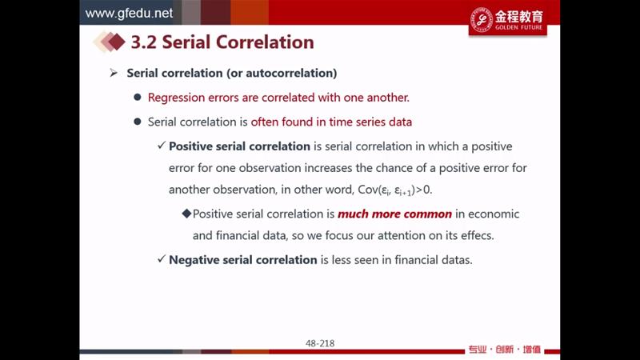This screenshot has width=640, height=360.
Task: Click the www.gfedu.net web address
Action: (129, 13)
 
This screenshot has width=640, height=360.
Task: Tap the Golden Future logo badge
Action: (507, 21)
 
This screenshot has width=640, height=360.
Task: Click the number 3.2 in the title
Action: (143, 42)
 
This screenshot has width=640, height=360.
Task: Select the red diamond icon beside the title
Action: (116, 42)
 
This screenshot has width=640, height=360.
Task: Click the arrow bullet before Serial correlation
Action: (114, 73)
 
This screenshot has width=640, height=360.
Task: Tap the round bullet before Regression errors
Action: (138, 97)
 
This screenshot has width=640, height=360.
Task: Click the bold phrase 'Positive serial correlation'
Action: (239, 146)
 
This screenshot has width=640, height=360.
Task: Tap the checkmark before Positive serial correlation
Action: (162, 146)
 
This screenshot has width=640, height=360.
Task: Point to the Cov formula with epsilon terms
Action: (394, 190)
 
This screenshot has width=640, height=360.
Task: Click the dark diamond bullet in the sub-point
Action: (187, 214)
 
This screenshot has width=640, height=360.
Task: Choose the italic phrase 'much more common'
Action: (394, 214)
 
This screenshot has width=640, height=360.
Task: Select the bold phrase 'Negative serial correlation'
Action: (243, 259)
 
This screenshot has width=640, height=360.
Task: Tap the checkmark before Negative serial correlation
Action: (162, 258)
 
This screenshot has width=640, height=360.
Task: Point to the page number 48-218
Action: (320, 343)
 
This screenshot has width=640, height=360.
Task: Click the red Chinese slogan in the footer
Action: (505, 350)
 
